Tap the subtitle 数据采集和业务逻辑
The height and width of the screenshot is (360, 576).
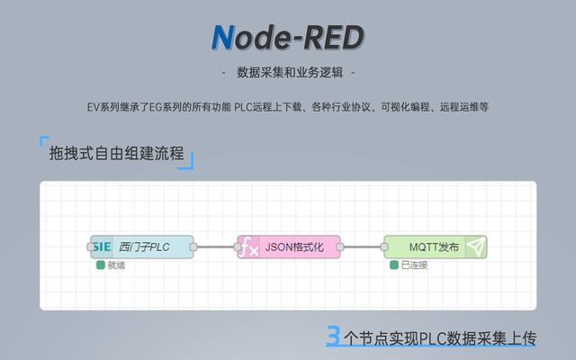click(x=288, y=71)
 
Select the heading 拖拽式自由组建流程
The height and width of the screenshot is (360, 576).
click(x=116, y=152)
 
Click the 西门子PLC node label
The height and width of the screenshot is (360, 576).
click(x=144, y=247)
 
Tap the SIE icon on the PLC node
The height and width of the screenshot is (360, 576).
click(x=102, y=247)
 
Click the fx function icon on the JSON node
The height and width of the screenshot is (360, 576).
click(x=249, y=247)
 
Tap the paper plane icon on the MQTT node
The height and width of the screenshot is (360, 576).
click(x=475, y=247)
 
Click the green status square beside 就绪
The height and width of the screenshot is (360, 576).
click(x=101, y=265)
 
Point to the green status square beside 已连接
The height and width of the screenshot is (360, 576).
click(x=394, y=265)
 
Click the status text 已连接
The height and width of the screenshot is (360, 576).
click(x=414, y=265)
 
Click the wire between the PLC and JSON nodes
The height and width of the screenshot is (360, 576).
click(x=216, y=247)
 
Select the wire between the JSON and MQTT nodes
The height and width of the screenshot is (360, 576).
click(x=362, y=247)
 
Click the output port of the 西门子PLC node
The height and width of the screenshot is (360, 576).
click(x=193, y=247)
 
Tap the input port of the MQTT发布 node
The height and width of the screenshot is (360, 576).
click(x=384, y=247)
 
